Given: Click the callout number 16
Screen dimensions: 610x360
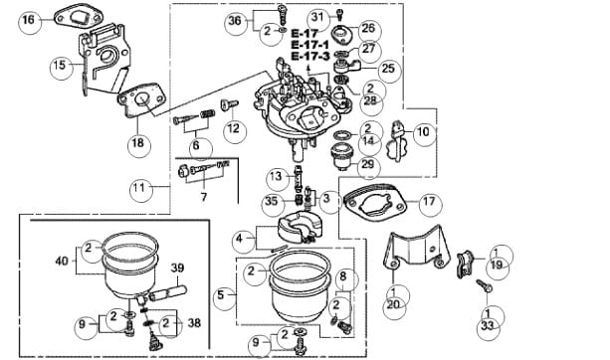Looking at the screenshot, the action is click(x=29, y=20).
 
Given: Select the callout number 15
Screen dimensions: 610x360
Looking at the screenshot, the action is click(x=60, y=65).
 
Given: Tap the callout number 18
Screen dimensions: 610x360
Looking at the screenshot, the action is click(x=137, y=143).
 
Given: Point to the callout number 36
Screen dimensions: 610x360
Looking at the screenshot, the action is click(x=235, y=21).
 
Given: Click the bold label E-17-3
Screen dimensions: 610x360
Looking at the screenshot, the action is click(x=310, y=57).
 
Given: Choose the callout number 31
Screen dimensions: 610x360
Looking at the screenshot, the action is click(x=317, y=17).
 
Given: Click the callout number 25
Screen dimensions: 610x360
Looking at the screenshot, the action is click(x=388, y=69).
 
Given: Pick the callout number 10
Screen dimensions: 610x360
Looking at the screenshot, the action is click(x=423, y=131).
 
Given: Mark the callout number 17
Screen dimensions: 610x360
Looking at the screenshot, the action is click(x=429, y=202).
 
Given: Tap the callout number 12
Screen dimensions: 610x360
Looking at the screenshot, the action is click(x=234, y=128).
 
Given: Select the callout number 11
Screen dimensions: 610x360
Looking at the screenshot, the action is click(x=139, y=188).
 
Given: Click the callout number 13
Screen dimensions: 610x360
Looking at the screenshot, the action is click(x=276, y=176).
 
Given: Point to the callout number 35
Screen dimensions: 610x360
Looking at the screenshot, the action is click(x=272, y=201).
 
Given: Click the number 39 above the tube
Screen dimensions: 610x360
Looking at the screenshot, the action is click(x=177, y=268).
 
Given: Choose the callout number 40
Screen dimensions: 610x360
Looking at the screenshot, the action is click(x=63, y=261).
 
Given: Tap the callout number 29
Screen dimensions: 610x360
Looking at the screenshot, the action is click(x=367, y=164).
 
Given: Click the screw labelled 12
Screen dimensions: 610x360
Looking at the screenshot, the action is click(x=230, y=104).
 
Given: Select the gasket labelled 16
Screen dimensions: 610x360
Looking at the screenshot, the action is click(x=80, y=18).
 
